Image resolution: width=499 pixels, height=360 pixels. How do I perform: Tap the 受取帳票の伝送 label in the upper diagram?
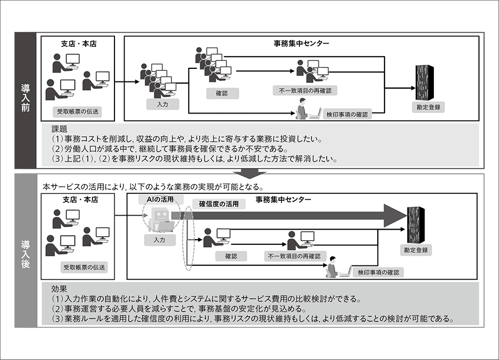78,111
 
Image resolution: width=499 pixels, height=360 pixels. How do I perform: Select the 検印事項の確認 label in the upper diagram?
347,114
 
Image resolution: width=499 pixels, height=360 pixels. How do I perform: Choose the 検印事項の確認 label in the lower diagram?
378,272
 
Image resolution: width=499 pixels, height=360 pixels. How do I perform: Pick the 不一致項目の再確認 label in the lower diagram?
294,256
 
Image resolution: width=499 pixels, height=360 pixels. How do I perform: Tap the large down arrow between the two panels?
250,173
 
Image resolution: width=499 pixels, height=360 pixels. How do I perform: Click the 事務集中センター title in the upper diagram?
301,43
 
